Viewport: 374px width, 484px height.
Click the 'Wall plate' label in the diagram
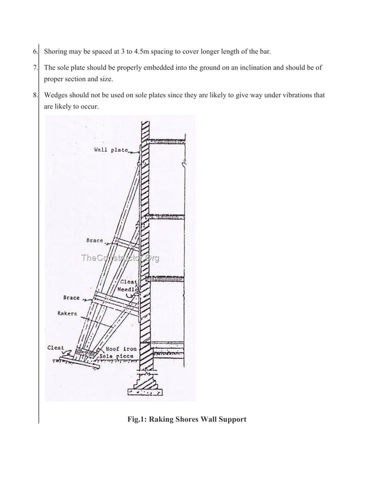tap(111, 150)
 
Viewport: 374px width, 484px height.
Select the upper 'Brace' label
tap(94, 240)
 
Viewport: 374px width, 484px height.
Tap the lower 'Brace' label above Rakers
tap(71, 298)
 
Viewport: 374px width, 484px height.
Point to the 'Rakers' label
tap(69, 313)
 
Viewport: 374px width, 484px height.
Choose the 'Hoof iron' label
tap(121, 348)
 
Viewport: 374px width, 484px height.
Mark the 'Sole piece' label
tap(116, 356)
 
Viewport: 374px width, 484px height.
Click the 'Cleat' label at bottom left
tap(56, 348)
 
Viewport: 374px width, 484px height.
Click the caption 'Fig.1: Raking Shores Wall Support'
tap(187, 419)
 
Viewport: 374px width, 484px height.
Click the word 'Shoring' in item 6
tap(57, 52)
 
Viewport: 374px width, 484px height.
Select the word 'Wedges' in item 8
tap(57, 95)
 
